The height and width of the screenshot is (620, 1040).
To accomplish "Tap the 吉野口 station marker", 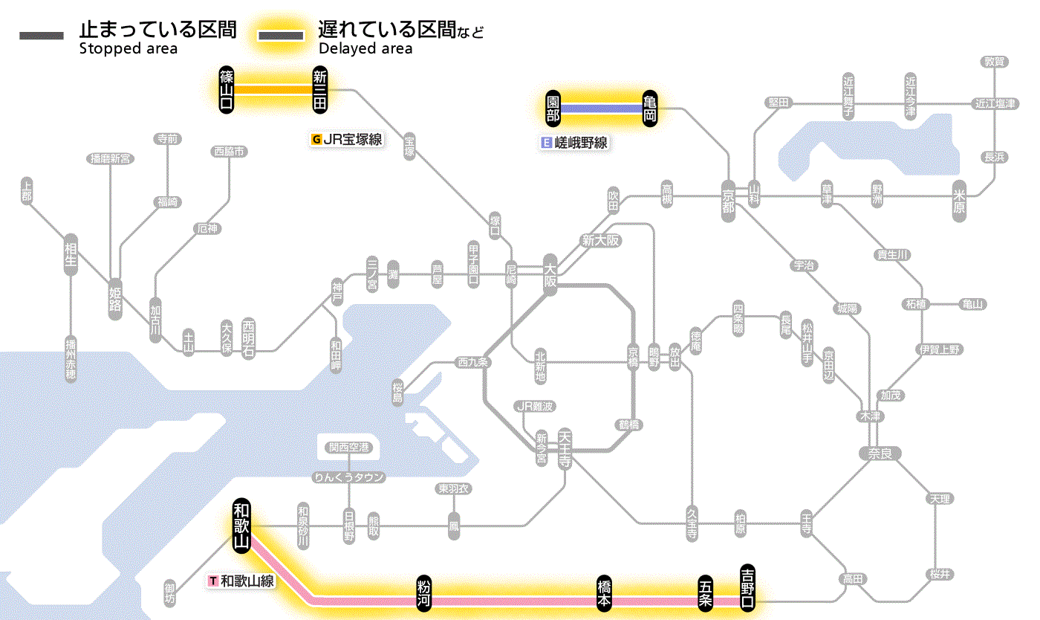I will (x=747, y=587).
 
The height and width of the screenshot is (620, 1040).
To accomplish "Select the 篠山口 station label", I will (x=227, y=89).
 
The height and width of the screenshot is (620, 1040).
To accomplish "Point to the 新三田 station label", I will (x=320, y=89).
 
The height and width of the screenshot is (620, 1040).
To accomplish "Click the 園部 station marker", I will (x=553, y=109).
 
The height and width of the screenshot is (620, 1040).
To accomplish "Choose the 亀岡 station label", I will (x=650, y=109).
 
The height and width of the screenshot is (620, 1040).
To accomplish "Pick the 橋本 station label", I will (x=605, y=594).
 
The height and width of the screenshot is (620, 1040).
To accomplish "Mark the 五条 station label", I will (x=705, y=594).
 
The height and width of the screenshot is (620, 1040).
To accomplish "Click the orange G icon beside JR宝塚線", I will (x=317, y=139).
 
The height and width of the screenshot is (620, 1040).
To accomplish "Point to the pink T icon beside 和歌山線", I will (x=214, y=581).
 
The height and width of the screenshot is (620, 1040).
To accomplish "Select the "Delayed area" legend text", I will (x=365, y=49).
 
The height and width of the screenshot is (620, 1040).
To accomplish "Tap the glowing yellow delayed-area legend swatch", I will (x=280, y=35).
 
